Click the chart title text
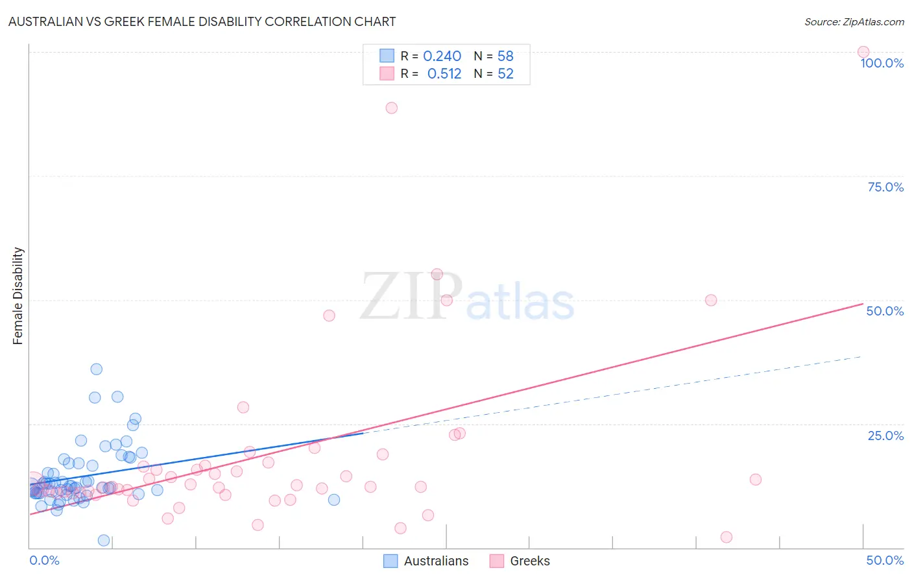pyautogui.click(x=202, y=21)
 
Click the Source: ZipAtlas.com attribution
pyautogui.click(x=854, y=21)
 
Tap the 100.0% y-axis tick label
pyautogui.click(x=882, y=63)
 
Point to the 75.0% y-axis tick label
pyautogui.click(x=885, y=187)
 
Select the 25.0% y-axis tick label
pyautogui.click(x=885, y=436)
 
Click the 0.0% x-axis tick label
pyautogui.click(x=44, y=560)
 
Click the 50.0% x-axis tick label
pyautogui.click(x=885, y=560)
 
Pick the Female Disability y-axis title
pyautogui.click(x=18, y=296)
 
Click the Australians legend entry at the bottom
pyautogui.click(x=426, y=561)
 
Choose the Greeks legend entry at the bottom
pyautogui.click(x=520, y=561)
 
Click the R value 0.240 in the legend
pyautogui.click(x=442, y=56)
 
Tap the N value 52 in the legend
pyautogui.click(x=505, y=74)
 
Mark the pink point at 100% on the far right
pyautogui.click(x=863, y=52)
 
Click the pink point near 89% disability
pyautogui.click(x=391, y=108)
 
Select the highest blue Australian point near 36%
pyautogui.click(x=96, y=369)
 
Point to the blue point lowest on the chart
pyautogui.click(x=104, y=541)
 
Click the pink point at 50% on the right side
pyautogui.click(x=711, y=300)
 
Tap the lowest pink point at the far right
pyautogui.click(x=726, y=537)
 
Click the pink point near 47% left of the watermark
pyautogui.click(x=329, y=315)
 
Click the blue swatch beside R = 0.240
pyautogui.click(x=387, y=56)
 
